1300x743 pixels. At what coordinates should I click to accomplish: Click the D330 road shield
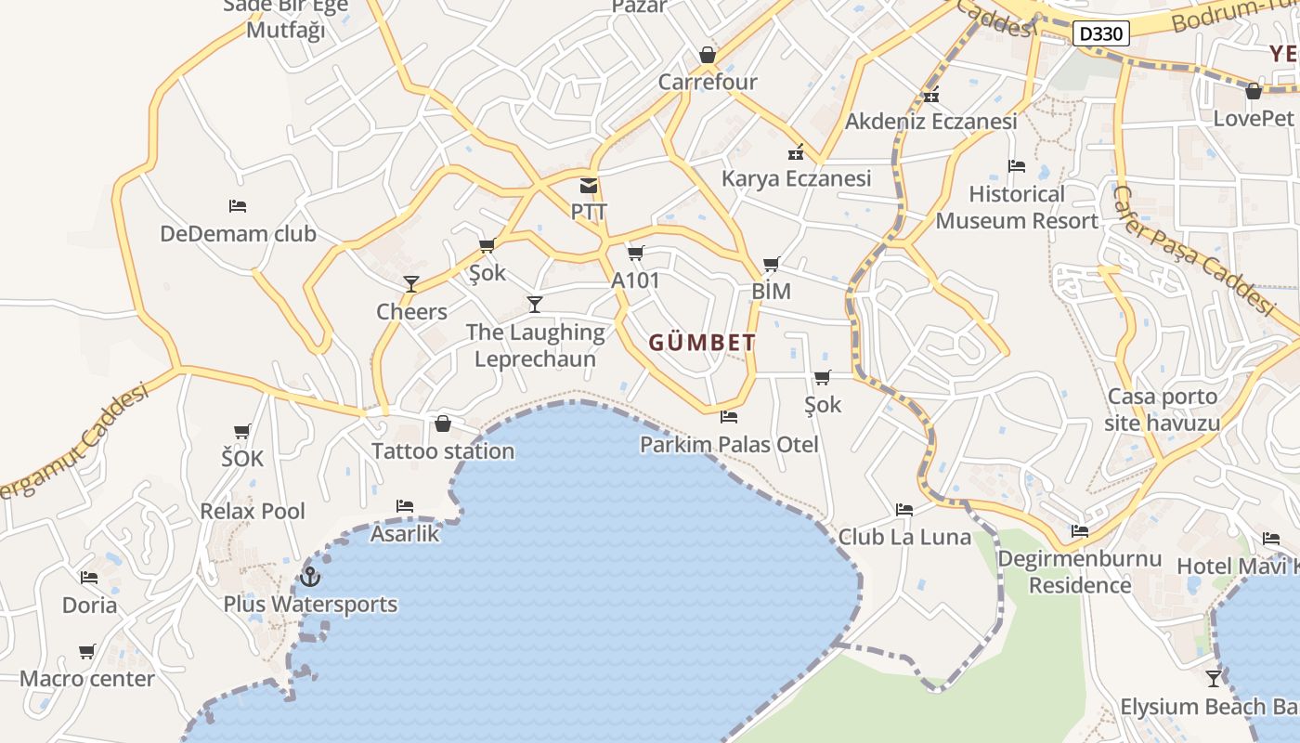[x=1102, y=34]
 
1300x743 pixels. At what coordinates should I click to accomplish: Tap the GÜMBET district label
[x=702, y=343]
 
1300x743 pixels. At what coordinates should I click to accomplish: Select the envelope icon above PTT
[x=589, y=186]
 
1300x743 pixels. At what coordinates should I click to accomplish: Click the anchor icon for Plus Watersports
[x=310, y=578]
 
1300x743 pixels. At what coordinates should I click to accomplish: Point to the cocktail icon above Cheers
[x=411, y=284]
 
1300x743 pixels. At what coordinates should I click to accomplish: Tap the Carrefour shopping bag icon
[x=708, y=56]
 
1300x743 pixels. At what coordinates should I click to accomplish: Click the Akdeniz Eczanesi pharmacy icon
[x=931, y=96]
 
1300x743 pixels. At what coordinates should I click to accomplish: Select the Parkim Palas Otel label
[x=729, y=445]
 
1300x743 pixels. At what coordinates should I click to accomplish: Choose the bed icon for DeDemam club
[x=238, y=206]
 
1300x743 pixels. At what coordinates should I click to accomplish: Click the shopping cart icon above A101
[x=636, y=254]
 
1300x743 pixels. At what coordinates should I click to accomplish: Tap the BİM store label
[x=771, y=291]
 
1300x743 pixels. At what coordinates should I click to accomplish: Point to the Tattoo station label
[x=443, y=451]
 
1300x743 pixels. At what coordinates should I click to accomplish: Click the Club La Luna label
[x=904, y=537]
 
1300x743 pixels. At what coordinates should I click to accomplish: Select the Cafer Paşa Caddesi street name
[x=1193, y=251]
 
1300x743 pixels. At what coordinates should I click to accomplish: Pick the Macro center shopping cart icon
[x=87, y=652]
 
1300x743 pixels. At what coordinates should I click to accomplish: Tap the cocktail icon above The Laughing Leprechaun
[x=535, y=305]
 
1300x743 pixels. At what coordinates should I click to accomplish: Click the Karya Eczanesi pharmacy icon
[x=796, y=152]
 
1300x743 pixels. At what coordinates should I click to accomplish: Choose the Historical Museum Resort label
[x=1017, y=207]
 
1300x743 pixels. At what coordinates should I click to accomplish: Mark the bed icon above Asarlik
[x=405, y=506]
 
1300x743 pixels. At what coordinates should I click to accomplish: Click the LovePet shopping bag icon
[x=1254, y=92]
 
